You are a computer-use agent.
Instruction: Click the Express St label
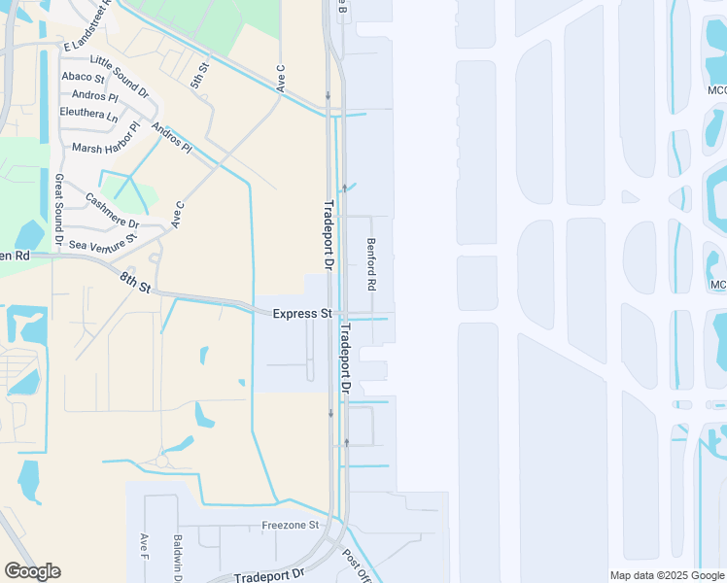(302, 314)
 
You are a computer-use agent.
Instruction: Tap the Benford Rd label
(370, 265)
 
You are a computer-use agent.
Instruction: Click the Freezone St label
(290, 525)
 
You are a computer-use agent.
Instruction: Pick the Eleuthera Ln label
(88, 115)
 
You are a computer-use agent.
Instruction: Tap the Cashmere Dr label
(113, 211)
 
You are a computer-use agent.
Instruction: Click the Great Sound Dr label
(59, 209)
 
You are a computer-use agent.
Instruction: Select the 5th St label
(200, 78)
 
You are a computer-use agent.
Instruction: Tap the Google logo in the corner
(32, 571)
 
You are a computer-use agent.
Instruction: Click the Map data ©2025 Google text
(666, 575)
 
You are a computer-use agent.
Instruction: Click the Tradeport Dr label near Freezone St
(269, 575)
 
